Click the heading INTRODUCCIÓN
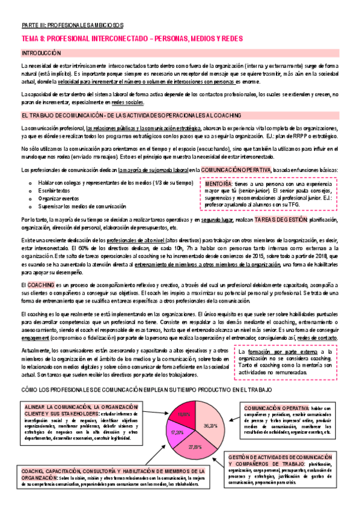coord(41,53)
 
